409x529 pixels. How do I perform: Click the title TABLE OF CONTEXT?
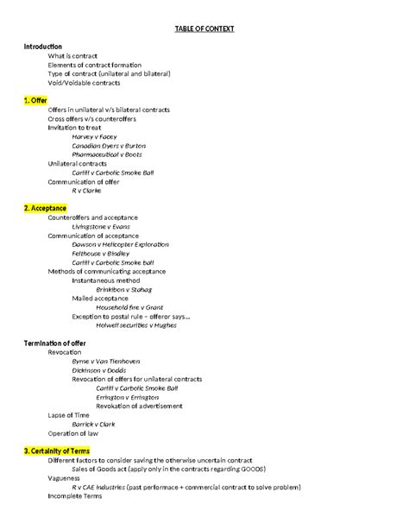[204, 28]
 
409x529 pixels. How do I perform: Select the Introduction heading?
[43, 46]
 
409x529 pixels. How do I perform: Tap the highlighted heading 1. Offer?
[36, 100]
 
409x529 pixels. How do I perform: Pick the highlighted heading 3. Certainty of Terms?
[59, 450]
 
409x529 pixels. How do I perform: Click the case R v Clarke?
[87, 190]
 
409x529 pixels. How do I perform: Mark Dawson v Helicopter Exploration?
[121, 244]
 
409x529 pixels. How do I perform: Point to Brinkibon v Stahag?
[115, 289]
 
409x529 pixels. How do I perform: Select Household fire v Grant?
[129, 307]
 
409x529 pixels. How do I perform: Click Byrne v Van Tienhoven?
[106, 361]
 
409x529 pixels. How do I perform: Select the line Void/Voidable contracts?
[85, 83]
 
